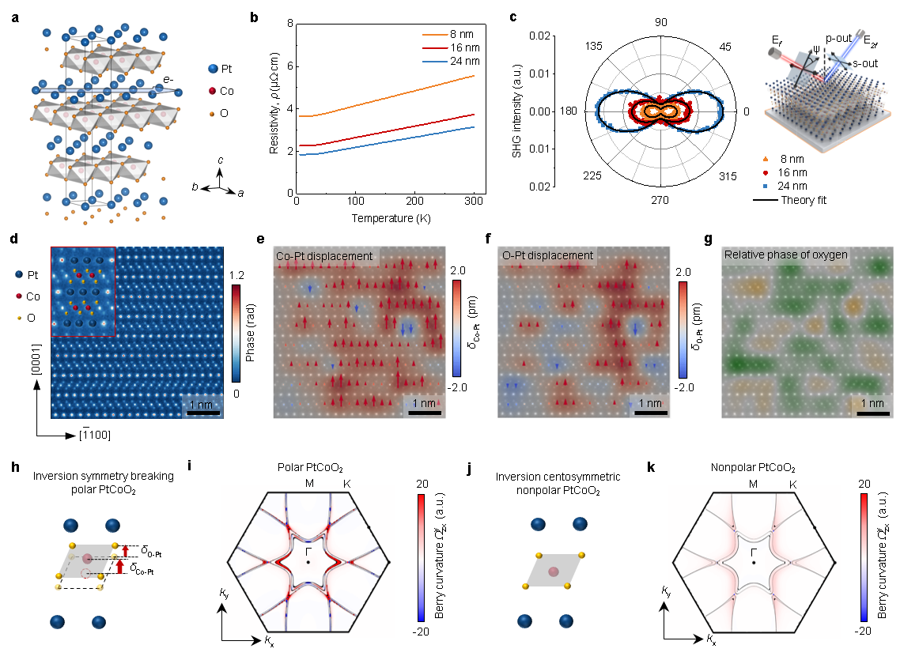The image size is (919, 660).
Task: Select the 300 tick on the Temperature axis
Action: (x=474, y=201)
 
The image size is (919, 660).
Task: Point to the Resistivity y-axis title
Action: (x=274, y=103)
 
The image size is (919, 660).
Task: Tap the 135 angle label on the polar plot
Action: (x=594, y=46)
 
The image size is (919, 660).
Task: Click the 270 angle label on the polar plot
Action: (x=660, y=200)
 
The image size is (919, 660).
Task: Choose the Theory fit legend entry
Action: (x=789, y=200)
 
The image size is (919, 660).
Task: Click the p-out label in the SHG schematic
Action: (x=838, y=38)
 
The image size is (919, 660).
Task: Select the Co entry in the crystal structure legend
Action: (x=221, y=91)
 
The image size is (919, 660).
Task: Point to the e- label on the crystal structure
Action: (x=168, y=79)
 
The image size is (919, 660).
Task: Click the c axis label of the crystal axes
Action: (x=221, y=160)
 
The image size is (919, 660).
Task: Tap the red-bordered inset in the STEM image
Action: (x=83, y=292)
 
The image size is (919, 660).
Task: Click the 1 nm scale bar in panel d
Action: (x=202, y=414)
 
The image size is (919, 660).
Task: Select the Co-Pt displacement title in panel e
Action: (x=324, y=256)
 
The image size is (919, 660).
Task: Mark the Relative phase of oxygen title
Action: (x=786, y=255)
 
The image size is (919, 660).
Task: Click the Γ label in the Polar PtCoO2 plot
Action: (x=308, y=552)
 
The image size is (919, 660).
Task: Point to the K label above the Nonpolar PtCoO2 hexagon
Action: (x=793, y=485)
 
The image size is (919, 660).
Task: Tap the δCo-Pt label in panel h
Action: (x=142, y=568)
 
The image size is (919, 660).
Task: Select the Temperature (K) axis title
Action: (x=391, y=218)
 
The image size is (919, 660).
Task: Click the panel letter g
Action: (x=709, y=239)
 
